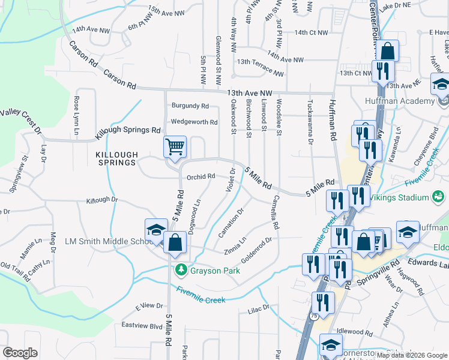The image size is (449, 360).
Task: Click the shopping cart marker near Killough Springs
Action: click(175, 147)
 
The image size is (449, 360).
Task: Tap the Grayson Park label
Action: click(215, 271)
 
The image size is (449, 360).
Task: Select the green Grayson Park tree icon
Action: click(181, 271)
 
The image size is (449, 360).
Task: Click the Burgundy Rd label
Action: click(190, 106)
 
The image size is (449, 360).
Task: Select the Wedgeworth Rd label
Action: click(194, 122)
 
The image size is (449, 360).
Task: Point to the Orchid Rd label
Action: click(200, 176)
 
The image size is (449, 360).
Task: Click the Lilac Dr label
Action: click(259, 308)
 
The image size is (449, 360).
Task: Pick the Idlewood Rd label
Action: click(355, 332)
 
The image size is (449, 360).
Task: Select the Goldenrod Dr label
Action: click(257, 249)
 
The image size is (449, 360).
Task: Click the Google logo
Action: click(20, 353)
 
